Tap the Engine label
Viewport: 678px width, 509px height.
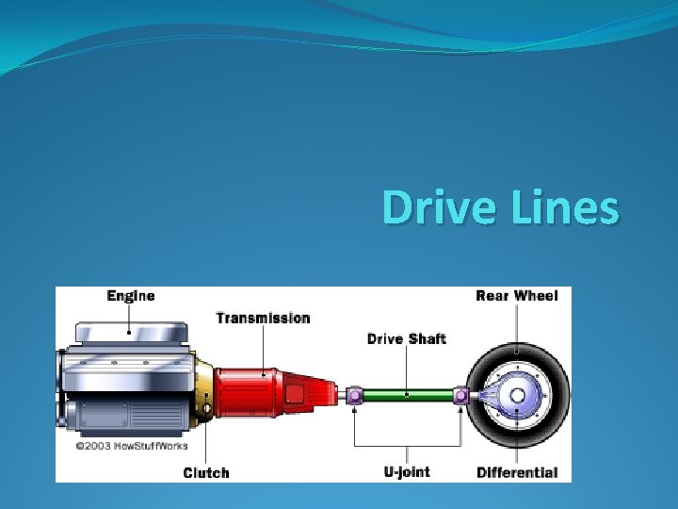[131, 296]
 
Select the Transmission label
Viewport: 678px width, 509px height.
[263, 318]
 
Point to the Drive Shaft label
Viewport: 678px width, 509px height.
[406, 338]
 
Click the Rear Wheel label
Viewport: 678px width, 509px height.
[516, 296]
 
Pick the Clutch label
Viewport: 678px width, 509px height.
[205, 472]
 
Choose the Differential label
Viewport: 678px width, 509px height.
[516, 472]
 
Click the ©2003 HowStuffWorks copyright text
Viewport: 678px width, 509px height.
[132, 446]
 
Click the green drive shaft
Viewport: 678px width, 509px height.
[407, 396]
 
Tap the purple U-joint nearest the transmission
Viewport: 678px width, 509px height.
[354, 396]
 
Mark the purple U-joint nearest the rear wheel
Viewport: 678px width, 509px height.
[460, 396]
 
